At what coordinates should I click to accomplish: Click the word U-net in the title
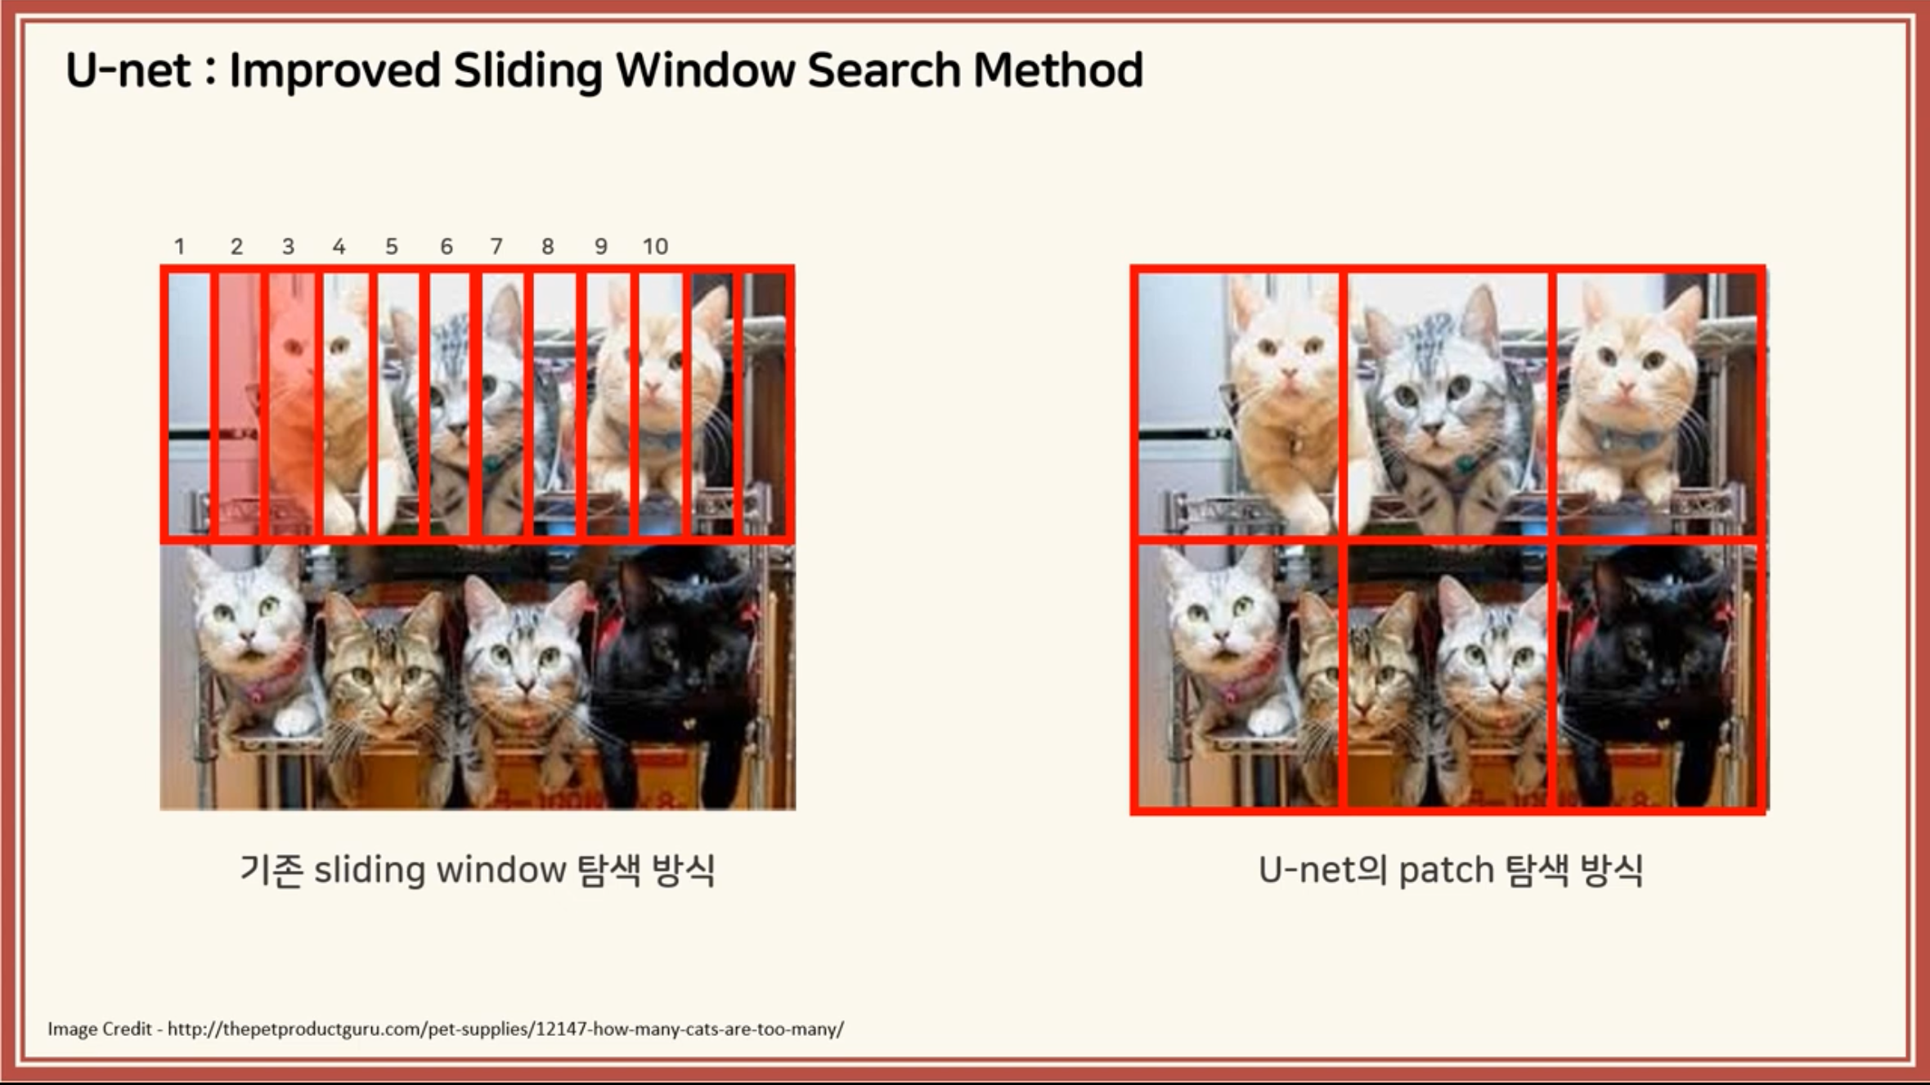[128, 69]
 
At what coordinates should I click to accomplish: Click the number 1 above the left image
[179, 246]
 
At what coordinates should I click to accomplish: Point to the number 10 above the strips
[655, 246]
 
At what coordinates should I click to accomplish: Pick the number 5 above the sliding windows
[392, 246]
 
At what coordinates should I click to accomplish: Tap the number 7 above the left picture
[496, 246]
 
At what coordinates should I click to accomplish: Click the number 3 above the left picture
[288, 246]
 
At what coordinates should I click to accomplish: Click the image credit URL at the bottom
[505, 1029]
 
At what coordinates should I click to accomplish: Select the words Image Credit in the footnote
[100, 1029]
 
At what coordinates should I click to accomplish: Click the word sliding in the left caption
[370, 870]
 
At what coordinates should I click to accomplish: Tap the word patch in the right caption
[1446, 870]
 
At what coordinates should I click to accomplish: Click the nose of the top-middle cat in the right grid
[1432, 425]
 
